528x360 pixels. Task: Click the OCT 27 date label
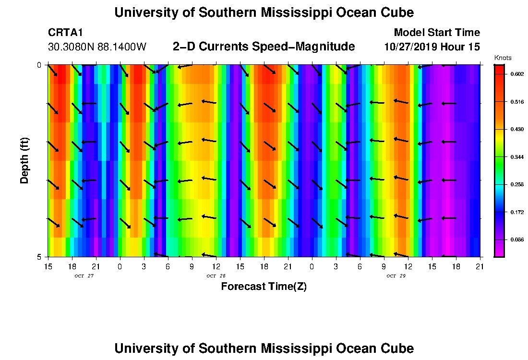84,276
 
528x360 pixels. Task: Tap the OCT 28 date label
216,276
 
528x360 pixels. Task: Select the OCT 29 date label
396,276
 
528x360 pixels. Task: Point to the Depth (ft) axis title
24,160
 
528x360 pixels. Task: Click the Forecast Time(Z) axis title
264,287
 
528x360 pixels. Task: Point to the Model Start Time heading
436,33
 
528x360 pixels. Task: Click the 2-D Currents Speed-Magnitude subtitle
264,47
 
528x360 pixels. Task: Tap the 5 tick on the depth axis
40,257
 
